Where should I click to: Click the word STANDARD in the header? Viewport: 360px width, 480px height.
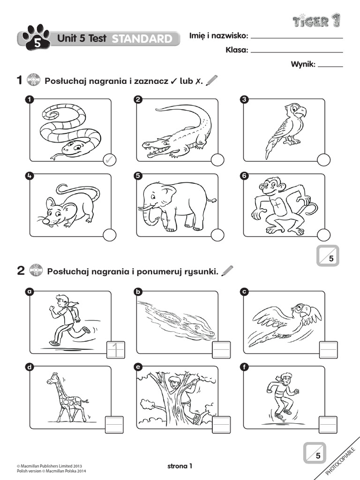point(142,39)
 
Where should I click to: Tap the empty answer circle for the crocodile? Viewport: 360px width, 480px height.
point(217,160)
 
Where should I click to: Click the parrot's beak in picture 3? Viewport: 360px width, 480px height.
point(301,112)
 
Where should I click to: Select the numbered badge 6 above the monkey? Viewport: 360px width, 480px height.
point(243,176)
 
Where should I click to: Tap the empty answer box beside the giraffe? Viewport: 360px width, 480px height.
point(114,425)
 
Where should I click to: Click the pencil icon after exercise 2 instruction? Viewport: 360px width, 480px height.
point(227,270)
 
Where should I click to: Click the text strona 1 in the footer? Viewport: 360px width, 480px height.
point(180,466)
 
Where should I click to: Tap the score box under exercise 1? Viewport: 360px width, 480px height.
point(327,256)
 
